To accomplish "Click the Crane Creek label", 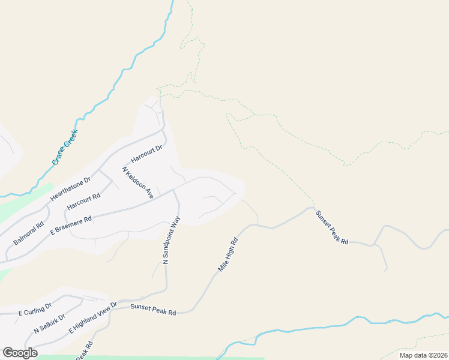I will tap(65, 148).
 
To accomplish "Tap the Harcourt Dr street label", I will tap(147, 155).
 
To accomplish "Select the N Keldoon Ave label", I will tap(138, 183).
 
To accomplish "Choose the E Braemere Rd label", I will tap(71, 224).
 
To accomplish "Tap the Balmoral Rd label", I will tap(29, 234).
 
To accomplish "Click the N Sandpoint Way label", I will tap(172, 240).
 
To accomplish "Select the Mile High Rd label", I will tap(228, 255).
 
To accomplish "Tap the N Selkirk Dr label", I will tap(49, 322).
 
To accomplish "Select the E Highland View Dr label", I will tap(93, 318).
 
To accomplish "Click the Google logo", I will tap(20, 353).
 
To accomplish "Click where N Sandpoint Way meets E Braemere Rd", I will tap(175, 190).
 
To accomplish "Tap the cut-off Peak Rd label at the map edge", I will tap(84, 351).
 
